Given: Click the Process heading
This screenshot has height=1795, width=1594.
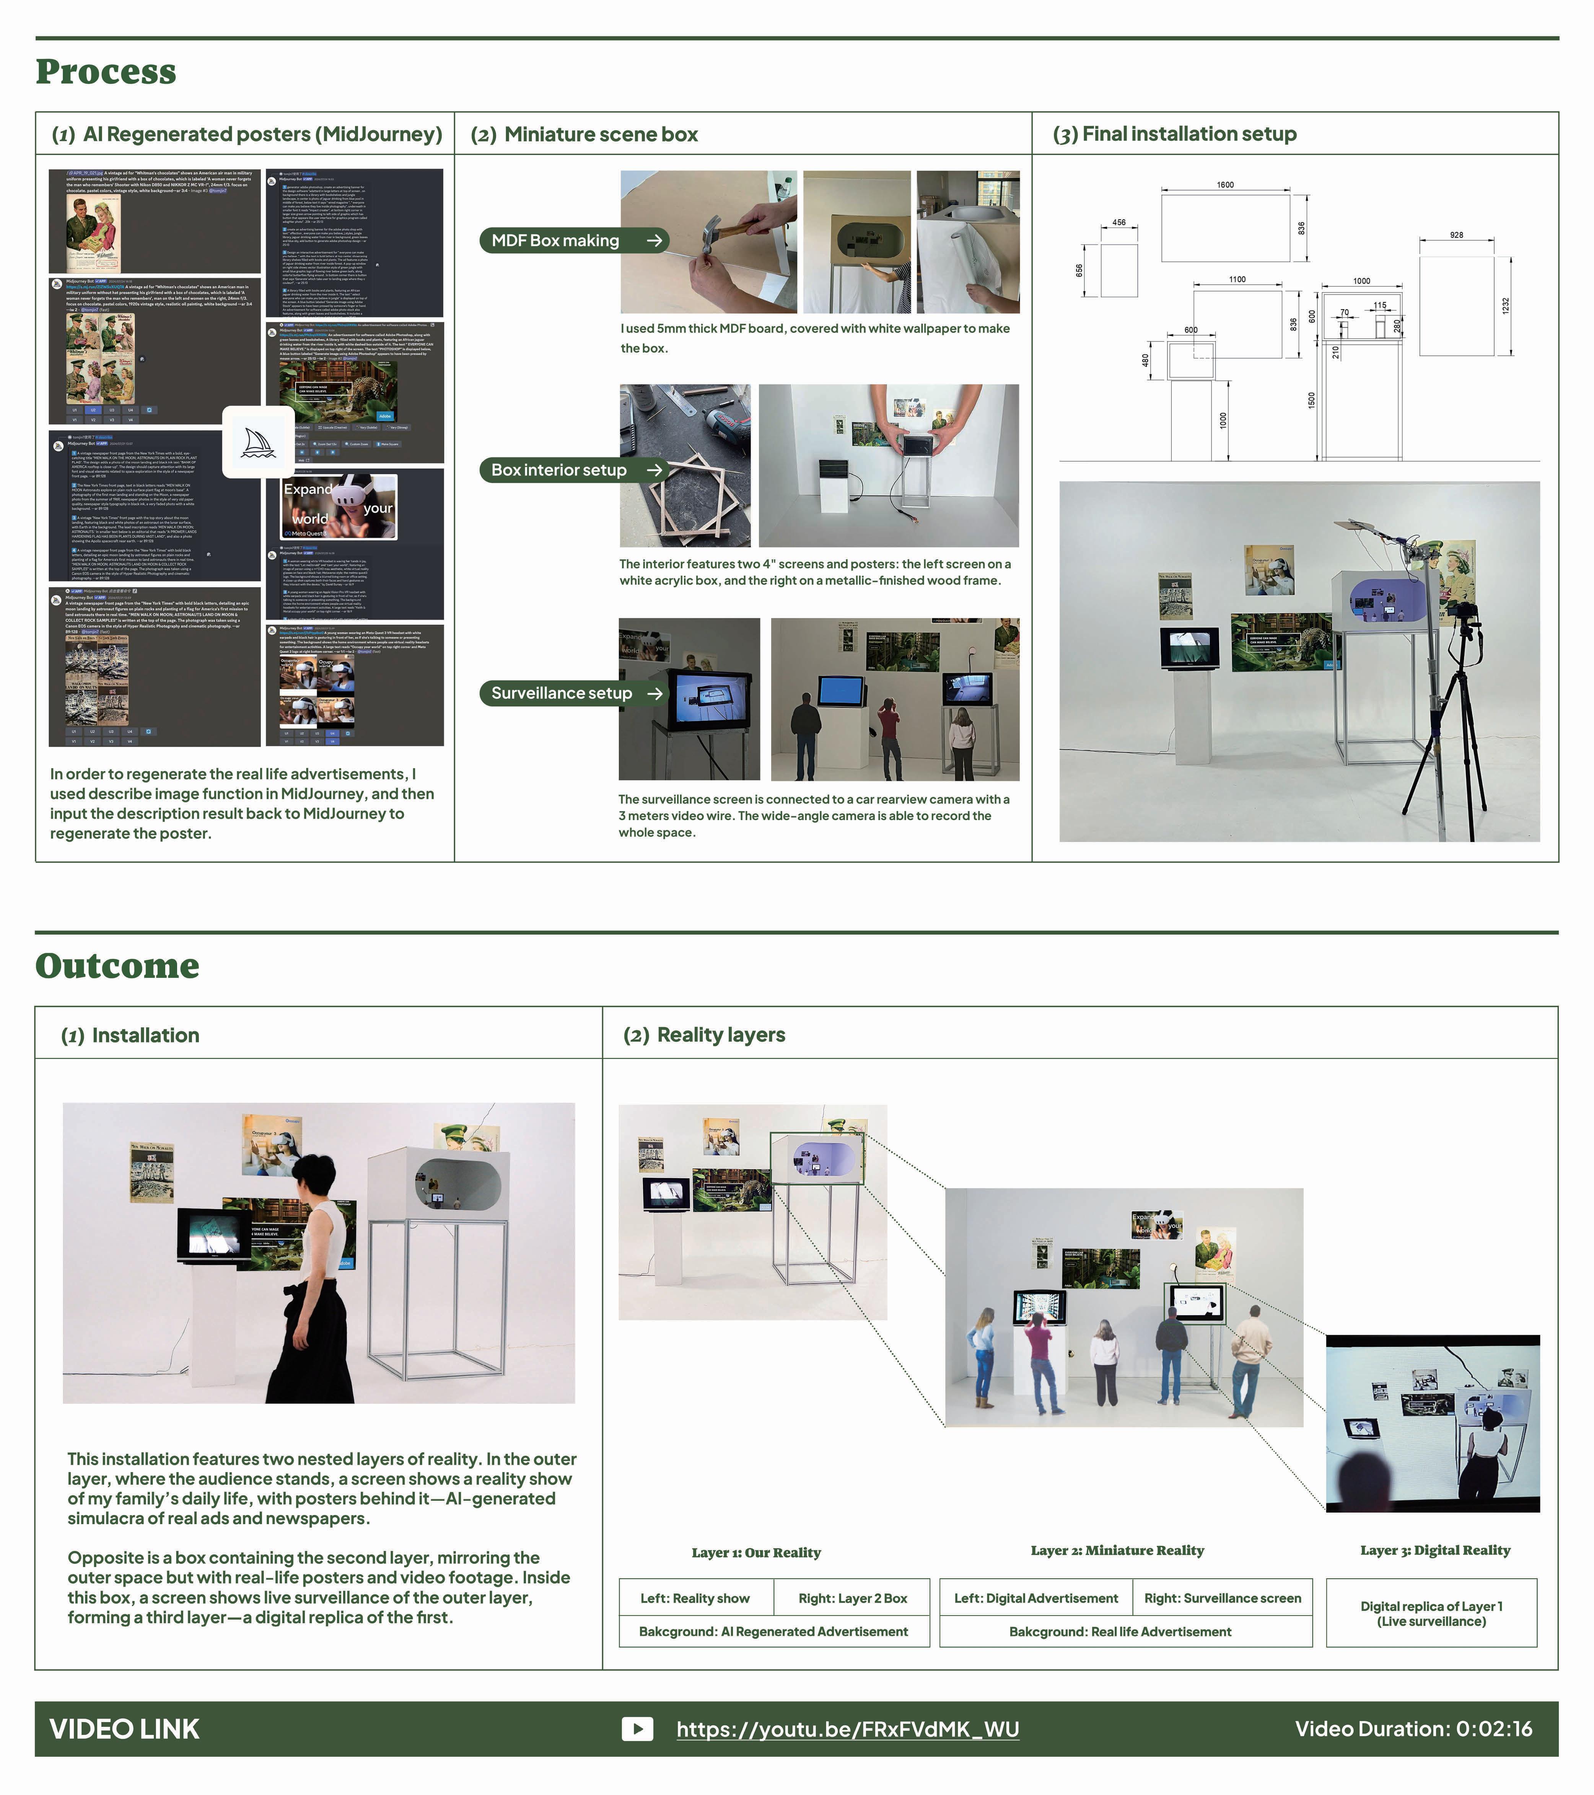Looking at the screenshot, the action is point(106,72).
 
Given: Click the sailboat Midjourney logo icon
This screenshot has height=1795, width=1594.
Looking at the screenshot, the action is point(258,443).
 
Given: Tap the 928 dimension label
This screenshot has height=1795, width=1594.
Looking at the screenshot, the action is point(1456,235).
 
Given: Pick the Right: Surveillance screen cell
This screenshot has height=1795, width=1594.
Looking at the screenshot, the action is point(1223,1598).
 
